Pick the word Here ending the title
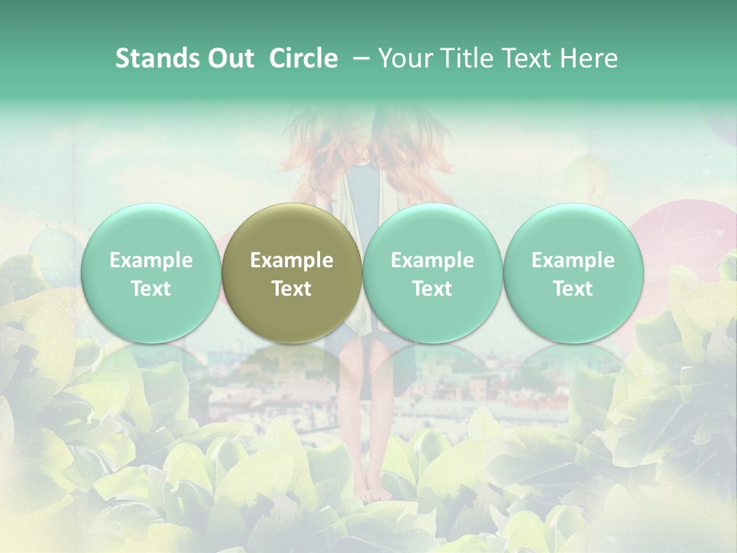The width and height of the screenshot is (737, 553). pyautogui.click(x=590, y=58)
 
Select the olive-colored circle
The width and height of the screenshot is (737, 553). pyautogui.click(x=292, y=273)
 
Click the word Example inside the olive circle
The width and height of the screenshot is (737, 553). pyautogui.click(x=292, y=260)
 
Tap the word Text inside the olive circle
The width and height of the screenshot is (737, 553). pyautogui.click(x=292, y=289)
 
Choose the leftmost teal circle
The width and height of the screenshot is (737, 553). pyautogui.click(x=150, y=273)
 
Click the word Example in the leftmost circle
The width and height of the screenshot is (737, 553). pyautogui.click(x=150, y=260)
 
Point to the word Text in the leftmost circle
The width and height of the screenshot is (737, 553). pyautogui.click(x=150, y=289)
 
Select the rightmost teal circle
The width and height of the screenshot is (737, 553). pyautogui.click(x=573, y=273)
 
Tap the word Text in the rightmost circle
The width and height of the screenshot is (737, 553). pyautogui.click(x=573, y=289)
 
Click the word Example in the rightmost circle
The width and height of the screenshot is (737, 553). pyautogui.click(x=573, y=260)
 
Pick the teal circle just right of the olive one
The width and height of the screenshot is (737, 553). pyautogui.click(x=432, y=273)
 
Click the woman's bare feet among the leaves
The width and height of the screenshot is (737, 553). pyautogui.click(x=376, y=492)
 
